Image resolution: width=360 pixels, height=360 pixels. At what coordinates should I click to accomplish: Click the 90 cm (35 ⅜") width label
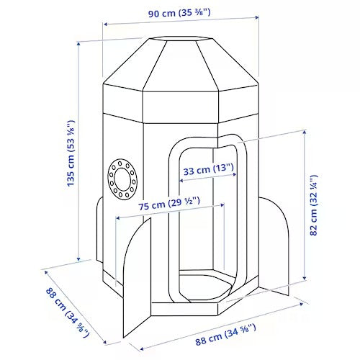[x=179, y=13]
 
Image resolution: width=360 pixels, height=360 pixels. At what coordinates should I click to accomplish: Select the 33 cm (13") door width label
[x=208, y=169]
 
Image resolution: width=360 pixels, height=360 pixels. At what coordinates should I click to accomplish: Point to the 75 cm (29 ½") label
[x=169, y=204]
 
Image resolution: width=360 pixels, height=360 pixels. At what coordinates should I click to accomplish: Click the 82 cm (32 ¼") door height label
[x=314, y=205]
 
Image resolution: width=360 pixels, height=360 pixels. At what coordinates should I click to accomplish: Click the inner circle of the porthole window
[x=122, y=179]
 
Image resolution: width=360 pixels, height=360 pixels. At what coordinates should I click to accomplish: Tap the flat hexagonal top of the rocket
[x=181, y=39]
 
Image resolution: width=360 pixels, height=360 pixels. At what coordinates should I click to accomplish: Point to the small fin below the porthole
[x=99, y=230]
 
